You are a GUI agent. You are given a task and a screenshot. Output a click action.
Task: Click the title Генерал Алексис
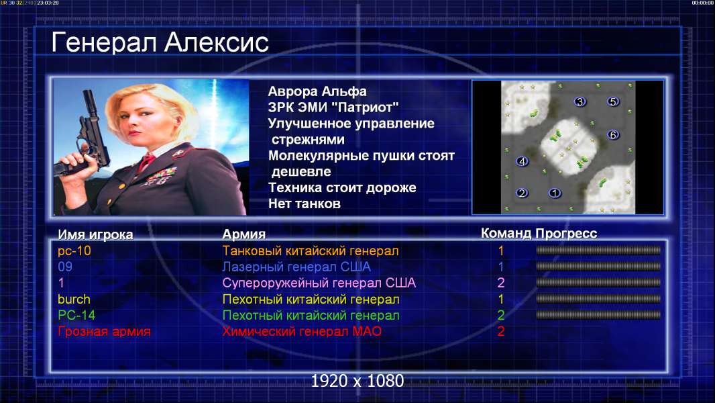160,42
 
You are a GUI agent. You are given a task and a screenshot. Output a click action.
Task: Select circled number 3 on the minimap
580,101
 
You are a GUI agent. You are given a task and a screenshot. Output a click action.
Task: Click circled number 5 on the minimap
613,101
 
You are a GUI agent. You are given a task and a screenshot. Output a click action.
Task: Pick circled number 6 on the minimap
613,134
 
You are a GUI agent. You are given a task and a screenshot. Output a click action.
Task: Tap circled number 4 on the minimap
522,161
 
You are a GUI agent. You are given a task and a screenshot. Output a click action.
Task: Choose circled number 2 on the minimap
522,193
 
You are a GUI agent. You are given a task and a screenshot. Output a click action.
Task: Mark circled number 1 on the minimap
555,193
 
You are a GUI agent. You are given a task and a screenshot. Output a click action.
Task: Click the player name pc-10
74,251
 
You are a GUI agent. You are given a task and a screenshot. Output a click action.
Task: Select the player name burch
74,300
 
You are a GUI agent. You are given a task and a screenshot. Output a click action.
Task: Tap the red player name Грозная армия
104,331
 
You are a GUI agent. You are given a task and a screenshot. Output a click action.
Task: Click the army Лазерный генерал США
296,267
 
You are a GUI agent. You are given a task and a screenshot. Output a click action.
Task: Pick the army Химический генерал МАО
302,331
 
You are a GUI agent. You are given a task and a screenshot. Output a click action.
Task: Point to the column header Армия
243,234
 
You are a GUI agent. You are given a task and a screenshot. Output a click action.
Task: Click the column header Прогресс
566,233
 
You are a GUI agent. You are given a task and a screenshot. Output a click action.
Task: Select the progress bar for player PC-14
598,315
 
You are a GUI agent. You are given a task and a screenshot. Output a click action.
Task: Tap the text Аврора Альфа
317,91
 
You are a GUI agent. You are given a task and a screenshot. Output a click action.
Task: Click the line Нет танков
305,204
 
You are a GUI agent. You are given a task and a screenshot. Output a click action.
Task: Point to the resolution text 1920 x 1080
357,381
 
